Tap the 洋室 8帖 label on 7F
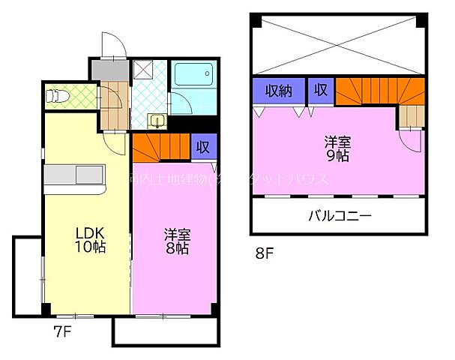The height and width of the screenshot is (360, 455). (176, 241)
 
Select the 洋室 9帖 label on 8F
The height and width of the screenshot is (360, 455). (335, 149)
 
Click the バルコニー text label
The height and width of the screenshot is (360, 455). (339, 217)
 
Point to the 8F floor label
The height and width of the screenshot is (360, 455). (265, 253)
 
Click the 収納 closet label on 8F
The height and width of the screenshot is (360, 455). (279, 91)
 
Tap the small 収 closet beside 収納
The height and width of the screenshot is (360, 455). (320, 91)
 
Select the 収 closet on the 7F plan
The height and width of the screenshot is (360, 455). (202, 147)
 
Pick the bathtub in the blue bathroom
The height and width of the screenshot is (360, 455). (193, 76)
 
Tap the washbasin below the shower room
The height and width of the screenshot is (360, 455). (157, 120)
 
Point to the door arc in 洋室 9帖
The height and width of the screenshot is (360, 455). (411, 140)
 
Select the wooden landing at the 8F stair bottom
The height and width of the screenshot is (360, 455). (410, 116)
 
